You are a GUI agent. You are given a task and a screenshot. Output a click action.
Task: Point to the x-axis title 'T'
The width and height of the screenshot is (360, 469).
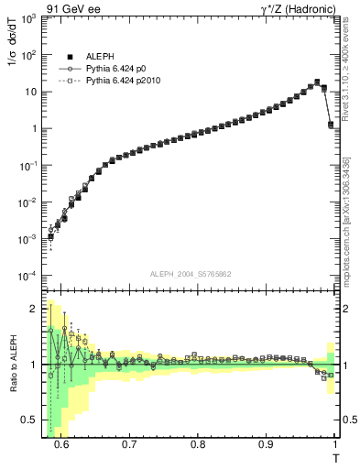pyautogui.click(x=335, y=457)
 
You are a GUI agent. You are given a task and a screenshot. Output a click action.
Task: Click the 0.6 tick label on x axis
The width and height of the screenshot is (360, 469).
pyautogui.click(x=61, y=444)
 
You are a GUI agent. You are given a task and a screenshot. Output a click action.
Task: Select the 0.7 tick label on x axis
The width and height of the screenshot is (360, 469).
pyautogui.click(x=129, y=444)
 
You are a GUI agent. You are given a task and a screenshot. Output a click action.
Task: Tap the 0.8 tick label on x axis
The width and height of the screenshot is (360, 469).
pyautogui.click(x=198, y=444)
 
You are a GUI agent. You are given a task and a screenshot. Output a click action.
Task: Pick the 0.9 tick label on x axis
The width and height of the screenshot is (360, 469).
pyautogui.click(x=266, y=444)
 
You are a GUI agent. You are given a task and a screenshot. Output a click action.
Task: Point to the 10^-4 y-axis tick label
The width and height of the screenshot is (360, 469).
pyautogui.click(x=31, y=276)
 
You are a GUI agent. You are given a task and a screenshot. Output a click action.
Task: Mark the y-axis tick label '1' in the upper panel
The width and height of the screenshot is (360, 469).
pyautogui.click(x=36, y=128)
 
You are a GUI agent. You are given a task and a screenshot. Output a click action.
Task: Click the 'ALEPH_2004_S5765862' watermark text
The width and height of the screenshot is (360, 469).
pyautogui.click(x=191, y=274)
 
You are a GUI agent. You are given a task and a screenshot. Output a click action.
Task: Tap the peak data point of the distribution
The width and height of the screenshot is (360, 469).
pyautogui.click(x=317, y=82)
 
